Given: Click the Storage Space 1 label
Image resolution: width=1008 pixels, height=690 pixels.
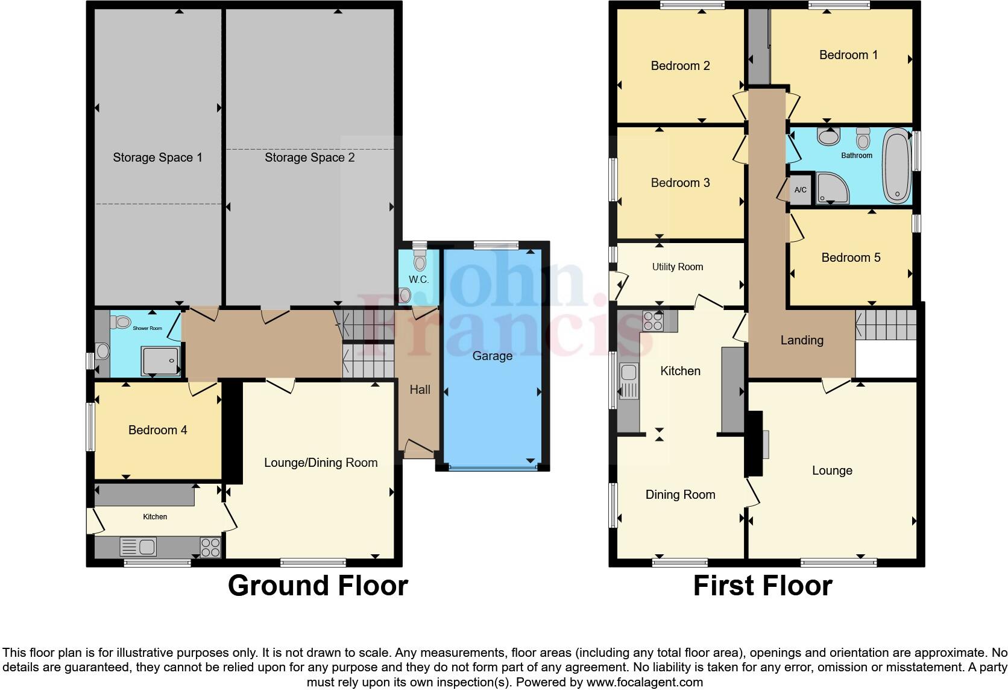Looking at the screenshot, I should pyautogui.click(x=157, y=157).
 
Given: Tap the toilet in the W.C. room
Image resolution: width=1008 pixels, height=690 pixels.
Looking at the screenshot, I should pyautogui.click(x=420, y=261).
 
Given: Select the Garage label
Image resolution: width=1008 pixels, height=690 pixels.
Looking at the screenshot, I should pyautogui.click(x=492, y=356).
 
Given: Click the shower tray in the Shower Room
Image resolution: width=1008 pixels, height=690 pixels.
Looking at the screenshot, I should pyautogui.click(x=160, y=361).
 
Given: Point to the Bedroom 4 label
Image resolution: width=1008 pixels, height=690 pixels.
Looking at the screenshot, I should pyautogui.click(x=157, y=430).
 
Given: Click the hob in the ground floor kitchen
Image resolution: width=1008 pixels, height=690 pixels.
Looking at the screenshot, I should pyautogui.click(x=210, y=547).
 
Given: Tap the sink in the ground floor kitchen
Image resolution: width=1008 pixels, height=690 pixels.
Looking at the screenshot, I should pyautogui.click(x=139, y=547).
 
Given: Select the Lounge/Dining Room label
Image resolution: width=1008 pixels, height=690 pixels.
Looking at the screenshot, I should pyautogui.click(x=321, y=463).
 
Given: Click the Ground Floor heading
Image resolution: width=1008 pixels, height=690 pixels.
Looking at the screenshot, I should pyautogui.click(x=318, y=586).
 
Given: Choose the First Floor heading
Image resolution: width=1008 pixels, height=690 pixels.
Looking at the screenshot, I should pyautogui.click(x=763, y=586).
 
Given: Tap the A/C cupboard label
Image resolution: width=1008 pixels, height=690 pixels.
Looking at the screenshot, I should pyautogui.click(x=801, y=190).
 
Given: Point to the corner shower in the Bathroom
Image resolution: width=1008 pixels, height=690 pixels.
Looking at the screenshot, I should pyautogui.click(x=832, y=189).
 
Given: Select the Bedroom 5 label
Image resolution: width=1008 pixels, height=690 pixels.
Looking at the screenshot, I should pyautogui.click(x=851, y=258).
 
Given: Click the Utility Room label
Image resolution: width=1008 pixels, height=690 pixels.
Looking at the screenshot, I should pyautogui.click(x=678, y=267).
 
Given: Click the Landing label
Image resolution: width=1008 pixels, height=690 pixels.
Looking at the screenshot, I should pyautogui.click(x=802, y=340).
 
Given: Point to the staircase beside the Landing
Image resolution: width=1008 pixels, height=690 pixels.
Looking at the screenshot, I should pyautogui.click(x=885, y=325).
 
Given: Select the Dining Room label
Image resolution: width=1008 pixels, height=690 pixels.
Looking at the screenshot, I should pyautogui.click(x=680, y=495).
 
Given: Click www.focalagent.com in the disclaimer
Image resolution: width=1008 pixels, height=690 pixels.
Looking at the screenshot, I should pyautogui.click(x=644, y=682).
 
